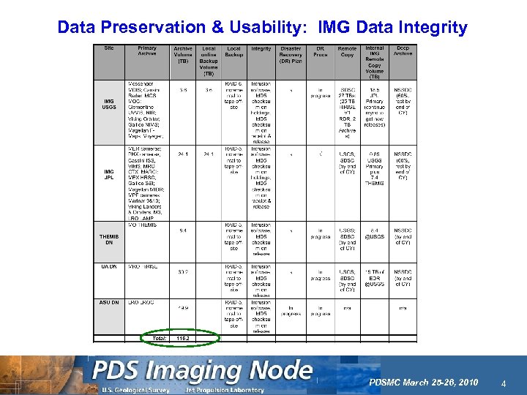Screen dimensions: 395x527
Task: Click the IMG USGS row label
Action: point(108,104)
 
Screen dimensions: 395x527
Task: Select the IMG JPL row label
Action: point(108,176)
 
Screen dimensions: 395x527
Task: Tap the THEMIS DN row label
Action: point(109,239)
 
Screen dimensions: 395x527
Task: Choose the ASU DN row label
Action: point(109,302)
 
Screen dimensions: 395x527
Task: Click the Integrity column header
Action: point(261,49)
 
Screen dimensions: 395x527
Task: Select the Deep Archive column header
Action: point(403,52)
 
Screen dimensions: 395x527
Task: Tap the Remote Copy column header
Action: point(348,52)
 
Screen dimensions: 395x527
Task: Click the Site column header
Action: point(109,48)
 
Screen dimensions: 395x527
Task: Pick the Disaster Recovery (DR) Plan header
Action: point(291,55)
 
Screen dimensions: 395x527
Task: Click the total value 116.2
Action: point(183,338)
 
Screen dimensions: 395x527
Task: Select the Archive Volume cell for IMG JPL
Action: point(183,154)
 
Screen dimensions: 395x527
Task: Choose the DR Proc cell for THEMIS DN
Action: point(320,236)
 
